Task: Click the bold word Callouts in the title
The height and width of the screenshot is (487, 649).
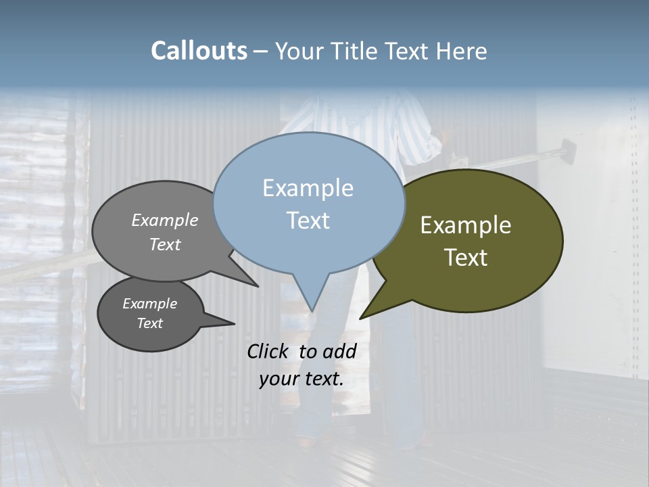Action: (x=199, y=51)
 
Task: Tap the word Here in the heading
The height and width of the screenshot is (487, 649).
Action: (x=462, y=51)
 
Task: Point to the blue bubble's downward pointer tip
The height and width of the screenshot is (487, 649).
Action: (x=311, y=310)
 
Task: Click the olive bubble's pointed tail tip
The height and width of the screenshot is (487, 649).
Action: (x=360, y=318)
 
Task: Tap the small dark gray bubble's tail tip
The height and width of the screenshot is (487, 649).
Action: (x=234, y=323)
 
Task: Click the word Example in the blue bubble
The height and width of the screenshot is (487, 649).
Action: (x=308, y=188)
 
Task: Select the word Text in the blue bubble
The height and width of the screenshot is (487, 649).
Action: (x=308, y=221)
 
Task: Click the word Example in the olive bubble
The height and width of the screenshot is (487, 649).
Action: (x=466, y=225)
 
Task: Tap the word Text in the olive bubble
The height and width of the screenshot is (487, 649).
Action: (x=466, y=258)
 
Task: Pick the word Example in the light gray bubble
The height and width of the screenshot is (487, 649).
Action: (x=165, y=220)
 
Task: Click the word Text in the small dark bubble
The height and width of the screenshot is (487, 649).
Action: (x=150, y=323)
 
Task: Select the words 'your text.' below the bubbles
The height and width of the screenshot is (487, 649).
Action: (x=302, y=379)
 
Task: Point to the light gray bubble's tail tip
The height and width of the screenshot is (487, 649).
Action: (x=258, y=286)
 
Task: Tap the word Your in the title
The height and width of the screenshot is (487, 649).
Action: (x=299, y=51)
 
